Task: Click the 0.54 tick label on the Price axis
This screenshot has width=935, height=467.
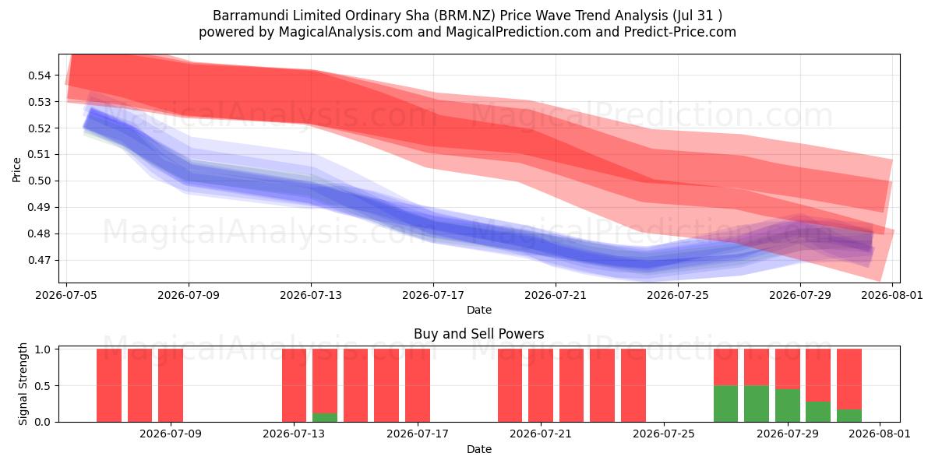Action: point(39,75)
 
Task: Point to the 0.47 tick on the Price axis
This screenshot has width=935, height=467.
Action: point(39,260)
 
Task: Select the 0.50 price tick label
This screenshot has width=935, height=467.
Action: point(39,181)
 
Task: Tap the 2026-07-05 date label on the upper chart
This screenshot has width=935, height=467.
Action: point(66,295)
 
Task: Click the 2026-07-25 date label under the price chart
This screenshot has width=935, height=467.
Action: point(678,295)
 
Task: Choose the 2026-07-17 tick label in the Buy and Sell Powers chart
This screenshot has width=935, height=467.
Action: point(418,434)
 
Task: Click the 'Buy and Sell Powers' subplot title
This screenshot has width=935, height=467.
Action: point(478,334)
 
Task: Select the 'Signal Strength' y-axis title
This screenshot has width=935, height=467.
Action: point(23,384)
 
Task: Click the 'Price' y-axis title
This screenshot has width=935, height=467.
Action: point(16,170)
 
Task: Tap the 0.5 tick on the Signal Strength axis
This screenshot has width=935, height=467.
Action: point(43,386)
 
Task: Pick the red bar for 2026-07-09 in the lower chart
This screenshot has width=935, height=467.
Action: point(171,385)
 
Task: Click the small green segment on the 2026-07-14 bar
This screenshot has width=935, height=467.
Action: point(325,417)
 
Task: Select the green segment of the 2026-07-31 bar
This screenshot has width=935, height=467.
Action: point(849,416)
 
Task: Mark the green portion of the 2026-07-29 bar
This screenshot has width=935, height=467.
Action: point(788,406)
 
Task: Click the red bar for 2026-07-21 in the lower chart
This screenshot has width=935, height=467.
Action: point(541,385)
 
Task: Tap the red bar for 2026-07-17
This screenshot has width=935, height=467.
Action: point(418,385)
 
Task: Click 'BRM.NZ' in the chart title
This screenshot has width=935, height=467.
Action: point(464,16)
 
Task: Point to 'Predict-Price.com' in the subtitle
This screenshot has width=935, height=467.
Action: point(680,32)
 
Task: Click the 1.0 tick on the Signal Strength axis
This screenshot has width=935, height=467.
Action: point(43,349)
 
